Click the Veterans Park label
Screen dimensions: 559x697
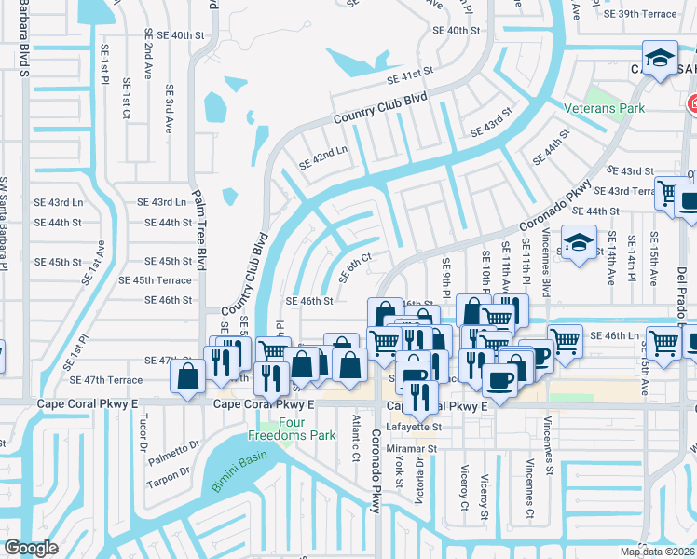pyautogui.click(x=605, y=108)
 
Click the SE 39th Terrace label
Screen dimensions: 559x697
pyautogui.click(x=640, y=14)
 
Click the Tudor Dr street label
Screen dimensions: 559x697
pyautogui.click(x=143, y=433)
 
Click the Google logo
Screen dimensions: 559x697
pyautogui.click(x=31, y=548)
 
